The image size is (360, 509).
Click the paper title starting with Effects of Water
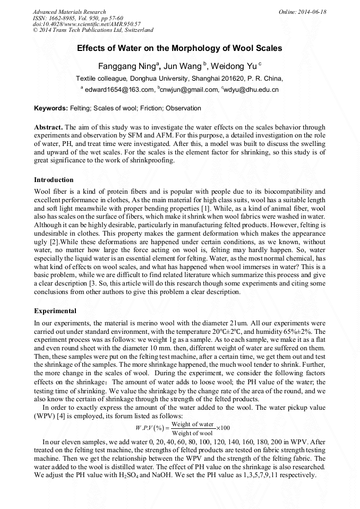click(179, 48)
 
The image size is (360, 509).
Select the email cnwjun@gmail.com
click(189, 90)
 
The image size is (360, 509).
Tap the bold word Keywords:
click(51, 108)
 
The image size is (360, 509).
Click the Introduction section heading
click(54, 180)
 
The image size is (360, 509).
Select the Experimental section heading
click(55, 310)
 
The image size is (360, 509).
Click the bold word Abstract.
click(48, 128)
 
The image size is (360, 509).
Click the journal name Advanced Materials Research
click(69, 12)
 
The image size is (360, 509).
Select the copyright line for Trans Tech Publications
click(93, 30)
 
